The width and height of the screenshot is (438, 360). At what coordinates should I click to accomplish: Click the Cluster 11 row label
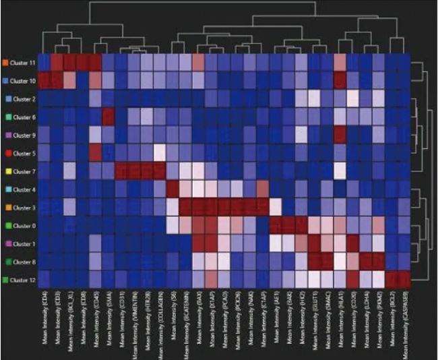(24, 62)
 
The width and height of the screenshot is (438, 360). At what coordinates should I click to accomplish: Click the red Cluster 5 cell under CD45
(95, 153)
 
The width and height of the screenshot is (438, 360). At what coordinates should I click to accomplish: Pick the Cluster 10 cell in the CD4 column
(44, 80)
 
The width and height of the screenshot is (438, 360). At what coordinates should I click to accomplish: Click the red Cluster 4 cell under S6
(173, 189)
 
